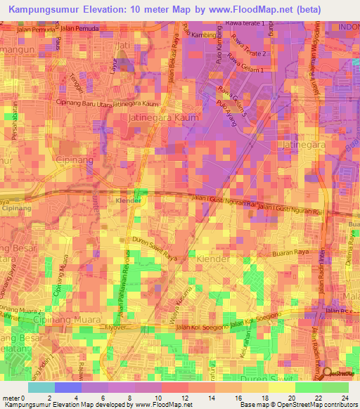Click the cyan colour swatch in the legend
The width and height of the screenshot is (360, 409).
point(41,387)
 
